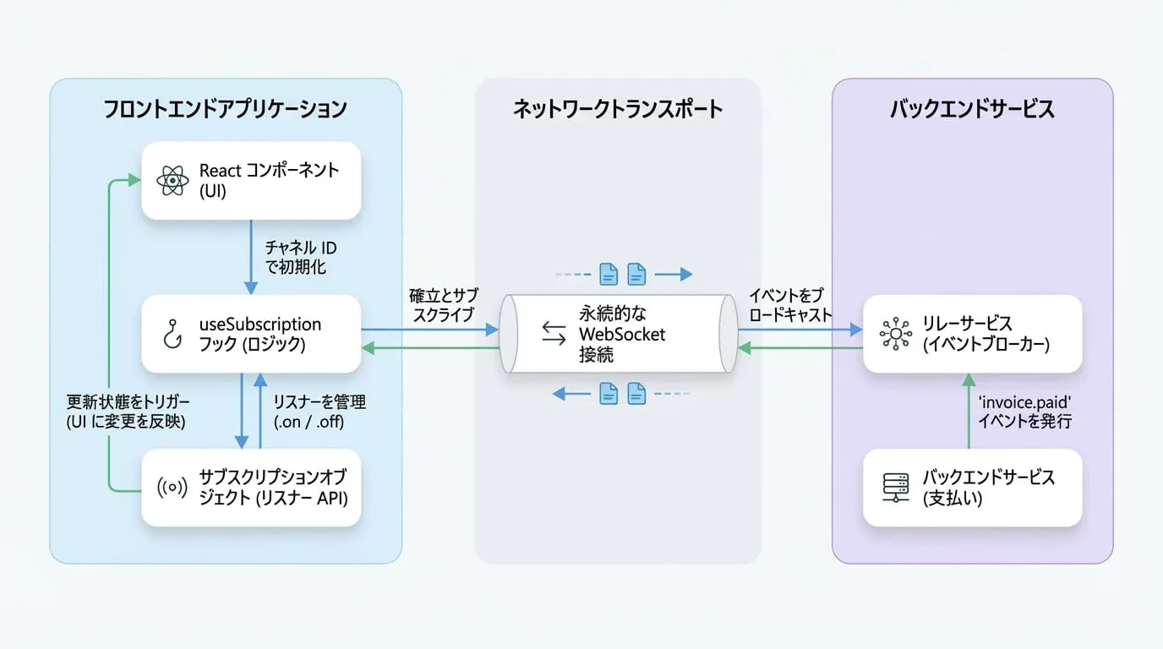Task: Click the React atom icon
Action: coord(172,181)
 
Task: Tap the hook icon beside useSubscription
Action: coord(172,334)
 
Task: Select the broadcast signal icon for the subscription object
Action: coord(172,488)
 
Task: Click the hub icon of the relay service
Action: coord(896,334)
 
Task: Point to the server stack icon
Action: coord(896,488)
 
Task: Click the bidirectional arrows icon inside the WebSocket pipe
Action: coord(554,333)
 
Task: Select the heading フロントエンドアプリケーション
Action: coord(226,110)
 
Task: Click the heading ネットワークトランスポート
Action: coord(618,110)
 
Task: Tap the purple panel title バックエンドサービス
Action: coord(973,110)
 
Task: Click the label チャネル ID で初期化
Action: coord(301,257)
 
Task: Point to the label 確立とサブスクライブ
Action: coord(444,305)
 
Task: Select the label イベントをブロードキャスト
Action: coord(789,305)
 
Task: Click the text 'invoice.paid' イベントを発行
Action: coord(1025,412)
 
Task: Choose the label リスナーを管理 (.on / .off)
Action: coord(319,412)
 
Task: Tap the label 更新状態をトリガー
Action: coord(128,402)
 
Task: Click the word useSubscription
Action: coord(260,324)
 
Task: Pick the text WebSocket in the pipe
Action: coord(622,335)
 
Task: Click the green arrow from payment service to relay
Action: coord(969,411)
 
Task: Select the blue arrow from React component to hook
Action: coord(251,257)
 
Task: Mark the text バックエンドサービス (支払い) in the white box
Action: coord(989,488)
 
